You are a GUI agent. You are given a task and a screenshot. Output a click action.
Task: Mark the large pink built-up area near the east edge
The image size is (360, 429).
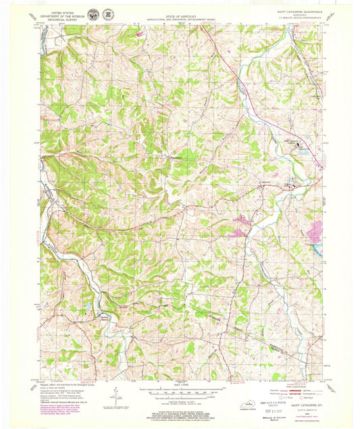[x=314, y=234]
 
